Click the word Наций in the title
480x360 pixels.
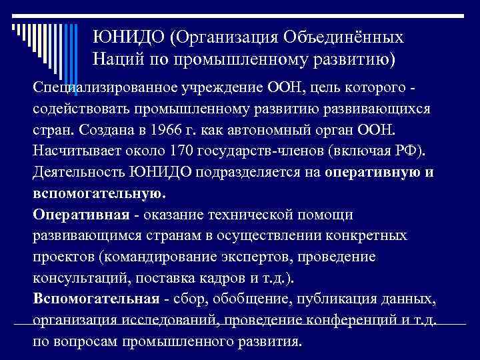pyautogui.click(x=117, y=59)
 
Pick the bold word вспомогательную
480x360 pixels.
pyautogui.click(x=97, y=193)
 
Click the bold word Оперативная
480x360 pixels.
pyautogui.click(x=79, y=214)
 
